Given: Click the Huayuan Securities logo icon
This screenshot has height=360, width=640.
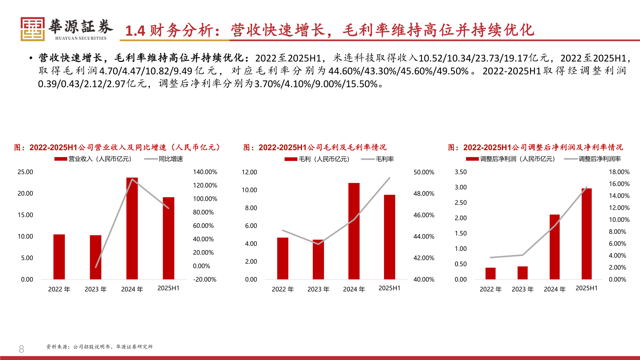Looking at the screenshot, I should pos(33,29).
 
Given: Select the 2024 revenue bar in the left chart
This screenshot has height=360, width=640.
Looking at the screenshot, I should pos(132,228).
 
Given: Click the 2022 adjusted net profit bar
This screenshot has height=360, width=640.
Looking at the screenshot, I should pos(490,273).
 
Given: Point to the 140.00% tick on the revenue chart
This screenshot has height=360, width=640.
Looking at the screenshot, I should pos(205,172).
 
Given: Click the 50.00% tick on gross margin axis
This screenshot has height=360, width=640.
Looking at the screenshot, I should pos(424,172).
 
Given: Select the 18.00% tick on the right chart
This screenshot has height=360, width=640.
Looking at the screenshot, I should pos(619,172).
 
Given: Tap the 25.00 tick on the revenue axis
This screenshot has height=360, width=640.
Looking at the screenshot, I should pos(25,172).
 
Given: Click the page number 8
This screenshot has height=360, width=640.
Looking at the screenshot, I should pos(21,349).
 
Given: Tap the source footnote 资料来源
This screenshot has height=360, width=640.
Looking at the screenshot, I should pos(99,347).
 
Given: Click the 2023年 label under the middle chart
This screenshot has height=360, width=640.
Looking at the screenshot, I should pos(318,289).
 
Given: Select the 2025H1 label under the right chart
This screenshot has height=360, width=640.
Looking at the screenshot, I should pos(586,288).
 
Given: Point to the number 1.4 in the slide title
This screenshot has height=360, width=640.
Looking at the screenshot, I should pos(135,31).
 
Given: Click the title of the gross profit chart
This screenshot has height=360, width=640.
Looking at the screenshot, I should pos(315,147).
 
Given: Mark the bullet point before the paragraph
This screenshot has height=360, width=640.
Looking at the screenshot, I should pos(31,58).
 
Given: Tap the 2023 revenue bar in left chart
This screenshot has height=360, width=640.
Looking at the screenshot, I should pos(96,257).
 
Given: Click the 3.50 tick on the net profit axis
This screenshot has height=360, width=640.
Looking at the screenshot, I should pos(460,172).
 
